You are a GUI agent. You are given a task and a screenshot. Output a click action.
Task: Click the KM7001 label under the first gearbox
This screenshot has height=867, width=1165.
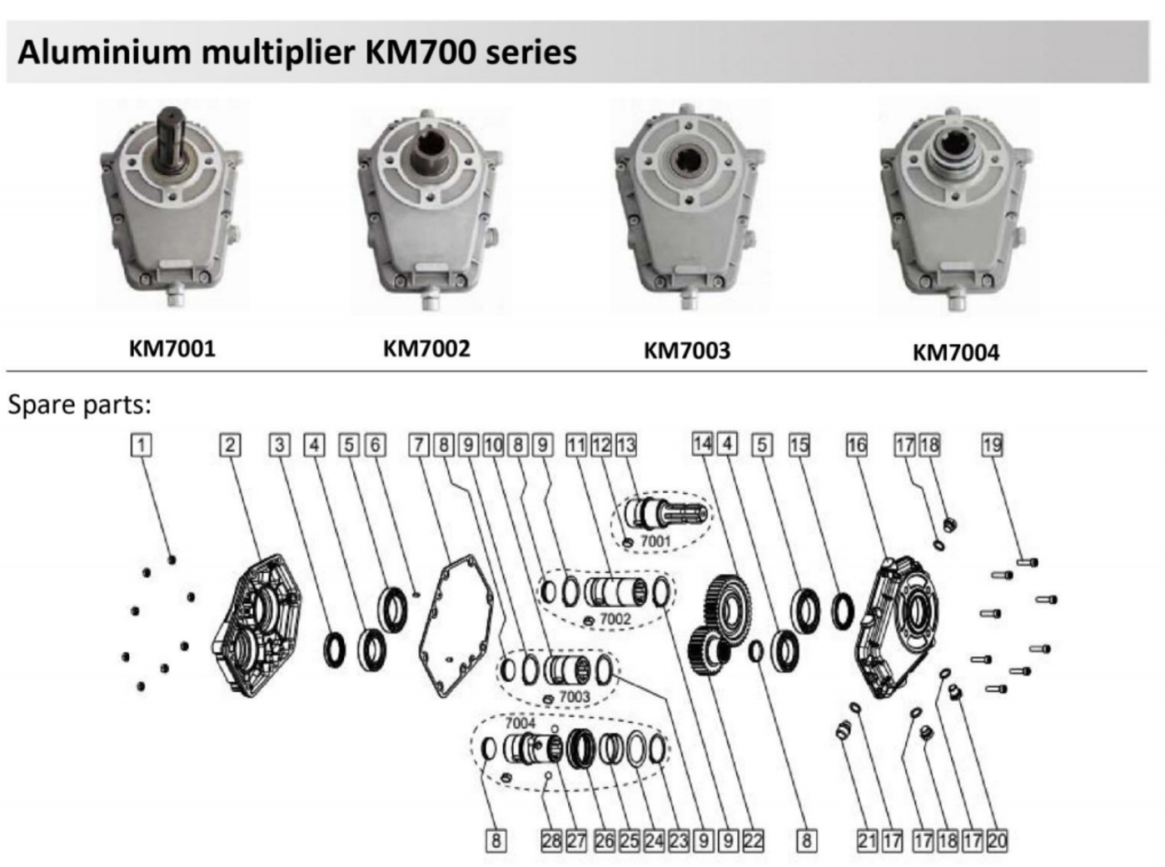click(172, 347)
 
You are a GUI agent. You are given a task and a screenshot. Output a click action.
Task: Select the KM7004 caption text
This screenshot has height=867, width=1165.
click(955, 352)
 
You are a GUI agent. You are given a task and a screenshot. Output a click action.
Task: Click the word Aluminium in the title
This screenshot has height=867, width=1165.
click(104, 52)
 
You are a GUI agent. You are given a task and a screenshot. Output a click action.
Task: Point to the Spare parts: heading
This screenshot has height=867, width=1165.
click(80, 405)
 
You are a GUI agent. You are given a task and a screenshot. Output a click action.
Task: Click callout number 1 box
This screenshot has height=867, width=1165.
click(142, 445)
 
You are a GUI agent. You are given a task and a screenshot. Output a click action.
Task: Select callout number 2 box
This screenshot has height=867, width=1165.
click(230, 445)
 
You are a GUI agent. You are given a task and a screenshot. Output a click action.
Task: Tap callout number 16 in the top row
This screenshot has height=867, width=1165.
click(856, 445)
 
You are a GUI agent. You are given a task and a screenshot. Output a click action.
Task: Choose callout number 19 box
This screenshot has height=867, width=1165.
click(991, 445)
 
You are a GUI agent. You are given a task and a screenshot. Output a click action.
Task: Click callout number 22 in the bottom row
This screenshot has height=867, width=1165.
click(753, 840)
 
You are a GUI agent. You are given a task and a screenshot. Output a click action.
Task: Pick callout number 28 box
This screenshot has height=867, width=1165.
click(551, 840)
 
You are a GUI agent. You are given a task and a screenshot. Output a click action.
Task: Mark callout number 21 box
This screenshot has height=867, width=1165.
click(867, 840)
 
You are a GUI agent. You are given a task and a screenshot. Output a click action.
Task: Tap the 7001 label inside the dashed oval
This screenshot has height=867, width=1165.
click(655, 541)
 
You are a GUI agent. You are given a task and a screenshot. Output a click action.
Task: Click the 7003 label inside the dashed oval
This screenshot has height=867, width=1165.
click(574, 696)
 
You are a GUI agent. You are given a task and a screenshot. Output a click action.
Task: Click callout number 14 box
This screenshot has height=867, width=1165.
click(702, 444)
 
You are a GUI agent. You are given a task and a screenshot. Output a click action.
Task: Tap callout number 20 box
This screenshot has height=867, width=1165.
click(997, 840)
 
